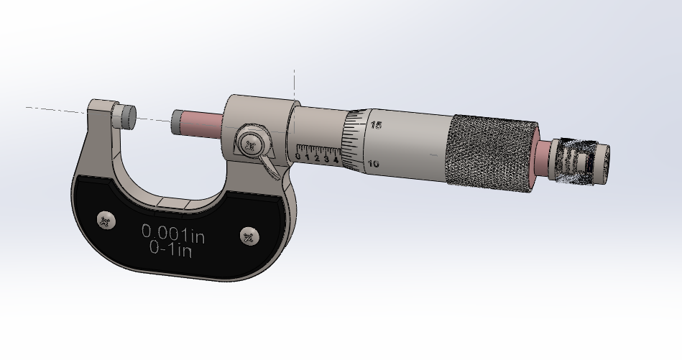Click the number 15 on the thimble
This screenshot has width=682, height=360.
(x=376, y=125)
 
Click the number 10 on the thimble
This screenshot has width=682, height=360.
(x=373, y=164)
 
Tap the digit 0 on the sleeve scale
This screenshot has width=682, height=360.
(x=298, y=156)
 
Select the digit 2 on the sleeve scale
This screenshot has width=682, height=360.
(x=317, y=158)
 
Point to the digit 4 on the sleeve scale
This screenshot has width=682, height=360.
(x=336, y=160)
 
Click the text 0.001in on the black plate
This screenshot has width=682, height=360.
(x=173, y=233)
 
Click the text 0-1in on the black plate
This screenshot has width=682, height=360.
(x=170, y=249)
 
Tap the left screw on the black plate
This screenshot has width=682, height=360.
(x=106, y=221)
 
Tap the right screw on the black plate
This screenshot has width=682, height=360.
(x=249, y=236)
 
